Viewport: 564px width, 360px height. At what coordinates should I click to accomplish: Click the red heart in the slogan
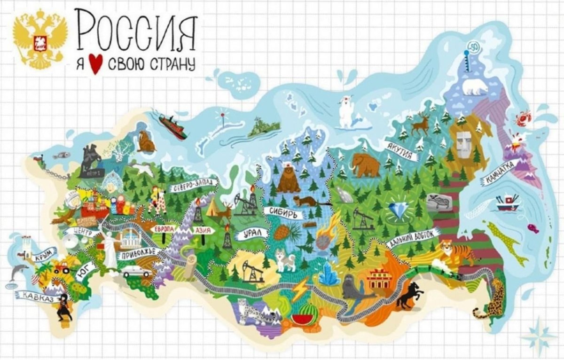tap(96, 65)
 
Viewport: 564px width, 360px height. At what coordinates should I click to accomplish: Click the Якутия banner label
tap(400, 150)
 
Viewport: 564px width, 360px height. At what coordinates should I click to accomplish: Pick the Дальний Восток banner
tap(413, 238)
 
